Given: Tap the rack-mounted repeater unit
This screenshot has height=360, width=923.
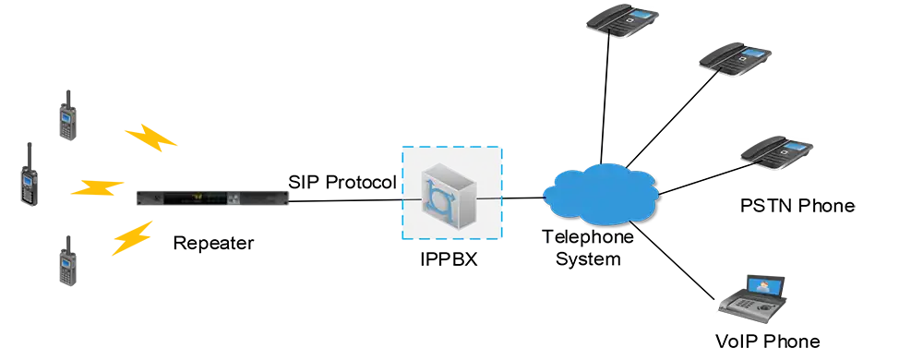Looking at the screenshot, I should [212, 196].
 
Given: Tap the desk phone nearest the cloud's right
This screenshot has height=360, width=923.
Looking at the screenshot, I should [776, 150].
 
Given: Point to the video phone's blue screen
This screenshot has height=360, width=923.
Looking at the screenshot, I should [768, 284].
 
